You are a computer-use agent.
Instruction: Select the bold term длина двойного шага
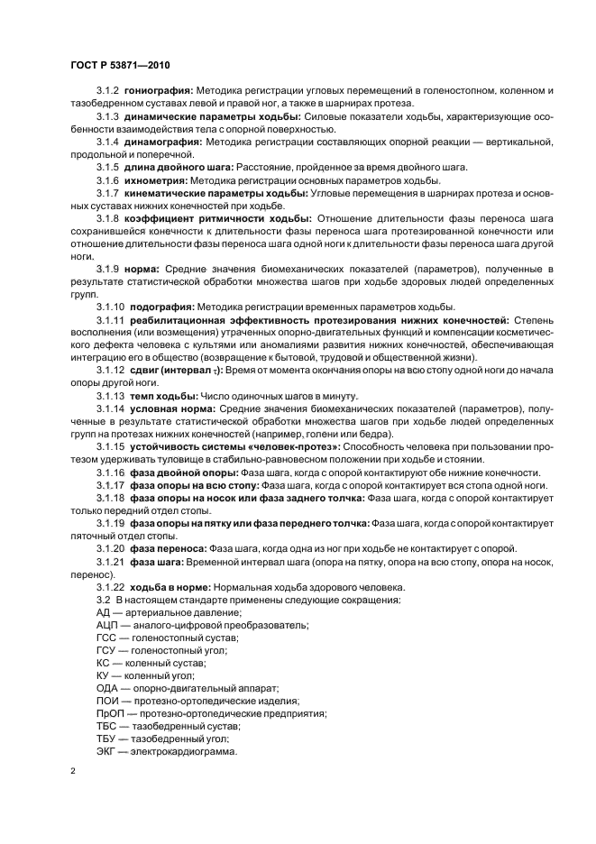pos(181,168)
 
